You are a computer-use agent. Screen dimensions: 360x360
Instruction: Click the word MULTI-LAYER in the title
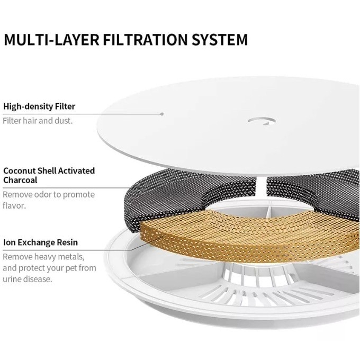pos(52,40)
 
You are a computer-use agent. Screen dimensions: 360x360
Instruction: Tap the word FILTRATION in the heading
pos(146,40)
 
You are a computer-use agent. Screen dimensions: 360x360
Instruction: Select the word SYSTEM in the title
pos(220,40)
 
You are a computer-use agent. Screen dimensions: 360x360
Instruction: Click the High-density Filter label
pos(39,106)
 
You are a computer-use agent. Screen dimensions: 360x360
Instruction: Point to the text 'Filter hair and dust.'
pos(38,121)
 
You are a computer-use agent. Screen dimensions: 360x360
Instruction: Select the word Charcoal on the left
pos(20,180)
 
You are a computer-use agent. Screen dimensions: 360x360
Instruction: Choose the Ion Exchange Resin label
pos(40,242)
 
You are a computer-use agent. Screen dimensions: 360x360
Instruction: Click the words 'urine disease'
pos(28,279)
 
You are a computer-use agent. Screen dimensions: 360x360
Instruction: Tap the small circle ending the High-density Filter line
pos(162,114)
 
